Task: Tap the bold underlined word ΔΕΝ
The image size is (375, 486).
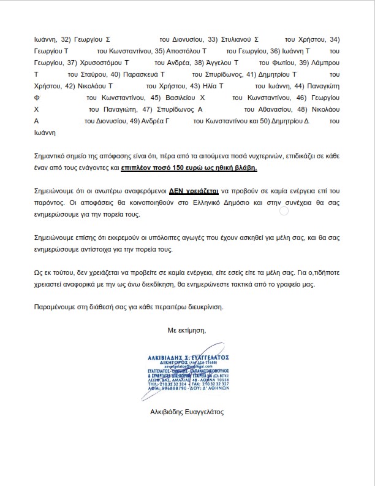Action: pyautogui.click(x=178, y=193)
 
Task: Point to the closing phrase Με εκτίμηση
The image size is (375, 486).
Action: pyautogui.click(x=187, y=331)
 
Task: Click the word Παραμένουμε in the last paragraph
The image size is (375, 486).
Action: pyautogui.click(x=56, y=306)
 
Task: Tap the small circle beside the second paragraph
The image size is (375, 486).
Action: pyautogui.click(x=284, y=210)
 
